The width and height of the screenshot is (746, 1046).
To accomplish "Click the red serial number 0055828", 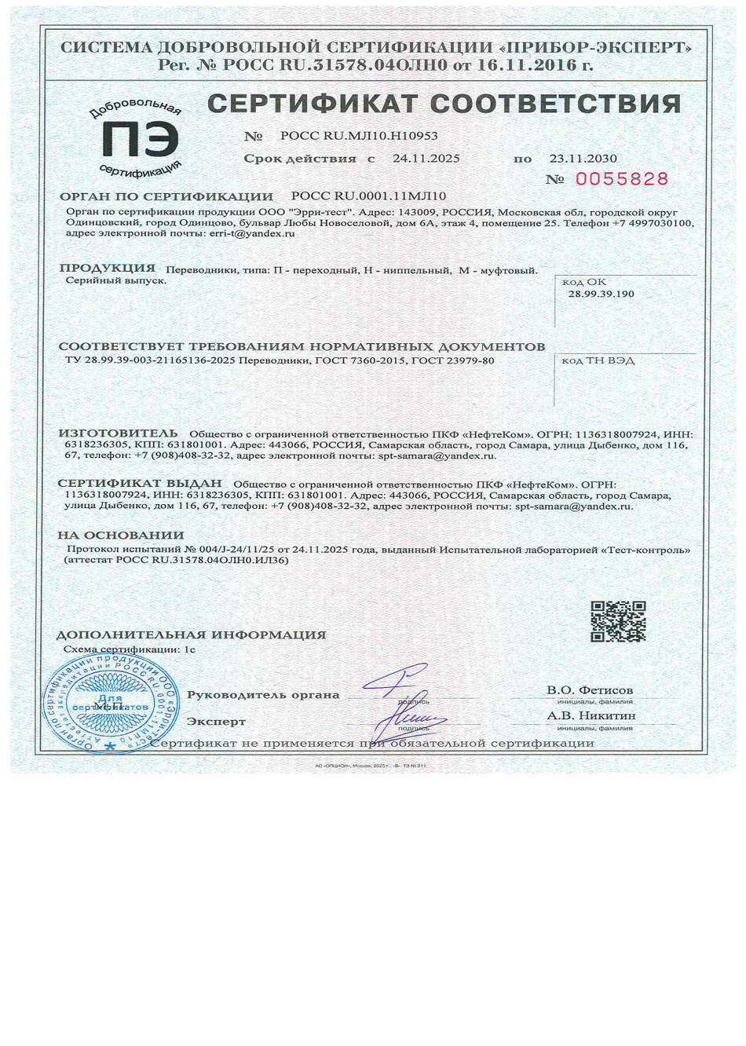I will [621, 179].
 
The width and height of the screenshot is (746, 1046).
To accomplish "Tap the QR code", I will [618, 621].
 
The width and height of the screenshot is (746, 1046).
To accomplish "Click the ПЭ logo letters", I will [140, 140].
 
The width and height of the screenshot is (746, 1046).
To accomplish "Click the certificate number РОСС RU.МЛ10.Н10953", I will [359, 136].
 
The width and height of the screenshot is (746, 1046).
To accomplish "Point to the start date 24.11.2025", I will [426, 159].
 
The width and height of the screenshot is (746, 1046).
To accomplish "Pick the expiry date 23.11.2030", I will [583, 159].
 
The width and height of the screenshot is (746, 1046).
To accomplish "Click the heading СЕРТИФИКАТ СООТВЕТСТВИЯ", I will [444, 104].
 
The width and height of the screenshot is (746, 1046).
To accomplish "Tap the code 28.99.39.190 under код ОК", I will [601, 294].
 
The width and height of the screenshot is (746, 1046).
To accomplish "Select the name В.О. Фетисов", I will [589, 690].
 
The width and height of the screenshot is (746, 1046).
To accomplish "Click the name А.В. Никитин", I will [591, 715].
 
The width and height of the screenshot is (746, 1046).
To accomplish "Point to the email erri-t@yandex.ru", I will [252, 233].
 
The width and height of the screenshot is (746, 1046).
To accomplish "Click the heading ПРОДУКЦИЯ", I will [108, 268].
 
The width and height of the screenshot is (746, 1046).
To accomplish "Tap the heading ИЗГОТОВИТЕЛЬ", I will [119, 433].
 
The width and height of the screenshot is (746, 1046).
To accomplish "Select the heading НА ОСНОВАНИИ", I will [120, 536].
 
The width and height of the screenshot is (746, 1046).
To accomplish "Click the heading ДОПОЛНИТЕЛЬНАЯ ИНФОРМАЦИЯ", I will [191, 635].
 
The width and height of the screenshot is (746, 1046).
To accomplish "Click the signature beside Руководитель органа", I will [397, 681].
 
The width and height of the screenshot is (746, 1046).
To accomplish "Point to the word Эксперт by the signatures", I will [216, 721].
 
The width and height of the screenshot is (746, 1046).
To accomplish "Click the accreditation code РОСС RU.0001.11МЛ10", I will [368, 196].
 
